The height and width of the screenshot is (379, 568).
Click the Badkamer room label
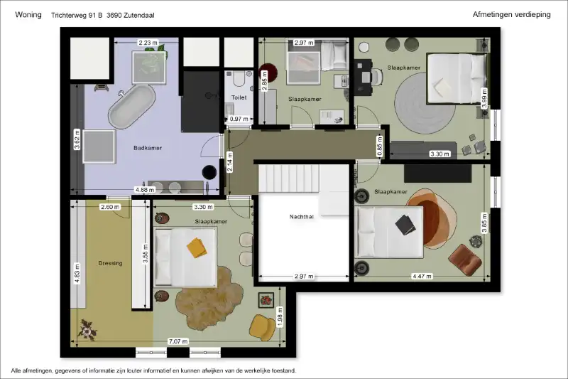[148, 148]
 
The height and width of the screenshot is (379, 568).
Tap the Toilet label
[239, 97]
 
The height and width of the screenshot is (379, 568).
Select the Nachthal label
[301, 217]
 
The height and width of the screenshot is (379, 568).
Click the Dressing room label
[111, 263]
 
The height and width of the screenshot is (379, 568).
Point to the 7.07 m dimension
[178, 341]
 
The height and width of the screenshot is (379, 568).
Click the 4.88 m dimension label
[145, 190]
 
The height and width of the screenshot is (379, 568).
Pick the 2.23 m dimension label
[148, 43]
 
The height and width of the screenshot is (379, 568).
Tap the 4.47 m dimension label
[422, 277]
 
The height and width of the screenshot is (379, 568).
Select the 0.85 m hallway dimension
[380, 146]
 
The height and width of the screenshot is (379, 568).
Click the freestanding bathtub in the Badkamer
[132, 107]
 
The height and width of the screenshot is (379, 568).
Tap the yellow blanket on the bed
[197, 247]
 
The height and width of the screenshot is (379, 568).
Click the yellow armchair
[262, 328]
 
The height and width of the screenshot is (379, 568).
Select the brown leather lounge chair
[465, 258]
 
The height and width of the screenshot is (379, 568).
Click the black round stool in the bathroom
[209, 172]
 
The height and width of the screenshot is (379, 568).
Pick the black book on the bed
[405, 225]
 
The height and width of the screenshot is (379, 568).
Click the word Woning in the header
[28, 15]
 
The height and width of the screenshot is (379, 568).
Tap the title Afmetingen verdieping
[511, 14]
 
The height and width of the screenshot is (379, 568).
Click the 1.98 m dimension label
[280, 317]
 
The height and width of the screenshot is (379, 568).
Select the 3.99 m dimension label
[484, 98]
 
